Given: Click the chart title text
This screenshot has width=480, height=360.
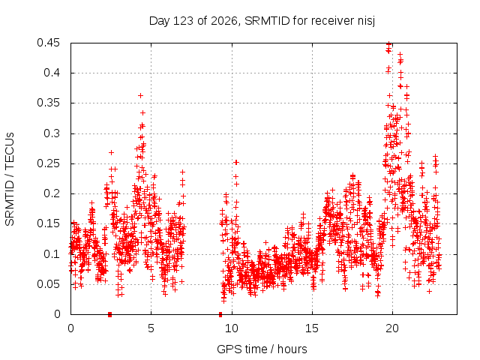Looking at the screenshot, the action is [x=262, y=21].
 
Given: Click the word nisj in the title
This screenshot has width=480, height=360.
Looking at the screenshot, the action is [x=367, y=21].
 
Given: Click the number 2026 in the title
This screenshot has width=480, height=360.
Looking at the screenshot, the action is [x=224, y=21].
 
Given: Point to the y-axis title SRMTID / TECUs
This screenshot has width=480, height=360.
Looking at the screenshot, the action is [x=10, y=179].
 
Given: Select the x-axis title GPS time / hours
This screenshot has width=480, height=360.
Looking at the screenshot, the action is [x=262, y=349].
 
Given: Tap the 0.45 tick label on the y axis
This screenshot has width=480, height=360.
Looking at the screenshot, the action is [x=48, y=43].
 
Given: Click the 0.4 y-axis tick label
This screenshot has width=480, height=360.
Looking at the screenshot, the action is [x=52, y=73].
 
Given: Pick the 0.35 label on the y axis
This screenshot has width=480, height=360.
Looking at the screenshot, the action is [x=48, y=103].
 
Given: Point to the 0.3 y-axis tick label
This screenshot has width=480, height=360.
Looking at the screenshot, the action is [x=52, y=133].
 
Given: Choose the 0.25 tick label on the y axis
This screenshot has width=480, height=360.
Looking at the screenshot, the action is [x=48, y=163].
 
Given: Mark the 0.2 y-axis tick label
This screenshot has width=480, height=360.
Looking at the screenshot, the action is [x=52, y=193].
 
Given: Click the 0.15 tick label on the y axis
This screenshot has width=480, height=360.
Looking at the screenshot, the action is [x=48, y=223].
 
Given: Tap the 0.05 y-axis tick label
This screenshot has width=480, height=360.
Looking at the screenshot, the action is [x=48, y=284].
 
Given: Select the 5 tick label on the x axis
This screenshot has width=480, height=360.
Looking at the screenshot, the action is [x=151, y=328].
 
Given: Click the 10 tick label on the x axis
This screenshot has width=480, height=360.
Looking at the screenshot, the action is [x=232, y=328].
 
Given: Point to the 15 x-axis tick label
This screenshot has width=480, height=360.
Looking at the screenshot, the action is [x=312, y=328].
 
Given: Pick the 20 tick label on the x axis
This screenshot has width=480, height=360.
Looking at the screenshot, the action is [x=392, y=328].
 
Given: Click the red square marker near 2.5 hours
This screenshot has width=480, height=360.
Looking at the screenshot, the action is [x=110, y=314].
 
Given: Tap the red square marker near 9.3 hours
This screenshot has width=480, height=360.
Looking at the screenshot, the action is [x=220, y=314].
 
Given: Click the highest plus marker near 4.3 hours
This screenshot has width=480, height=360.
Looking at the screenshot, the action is [x=140, y=96].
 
